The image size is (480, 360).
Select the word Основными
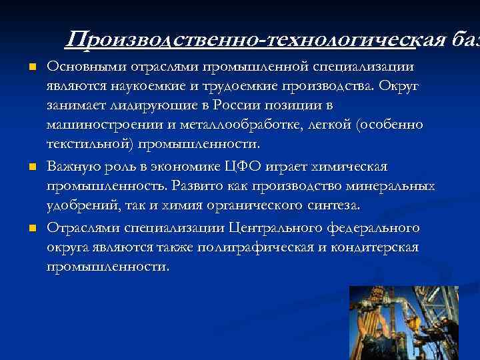(79, 67)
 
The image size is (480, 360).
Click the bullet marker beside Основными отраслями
(31, 67)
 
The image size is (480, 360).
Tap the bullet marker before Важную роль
(31, 166)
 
